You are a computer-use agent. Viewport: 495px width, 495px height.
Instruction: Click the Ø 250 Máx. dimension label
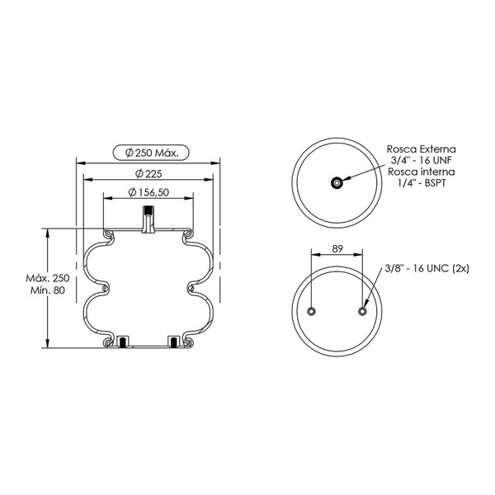[x=152, y=153]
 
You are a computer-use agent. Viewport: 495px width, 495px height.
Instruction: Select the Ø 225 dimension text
[x=148, y=173]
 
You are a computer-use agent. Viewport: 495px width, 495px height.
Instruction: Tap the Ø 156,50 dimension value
[x=148, y=192]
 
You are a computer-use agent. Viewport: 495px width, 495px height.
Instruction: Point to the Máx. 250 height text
[x=48, y=278]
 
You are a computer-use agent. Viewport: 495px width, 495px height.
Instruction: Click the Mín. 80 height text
[x=48, y=290]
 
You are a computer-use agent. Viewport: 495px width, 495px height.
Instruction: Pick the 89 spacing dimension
[x=337, y=249]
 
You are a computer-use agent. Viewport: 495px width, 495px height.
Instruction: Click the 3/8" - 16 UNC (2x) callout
[x=427, y=268]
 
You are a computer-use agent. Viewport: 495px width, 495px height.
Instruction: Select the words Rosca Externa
[x=422, y=148]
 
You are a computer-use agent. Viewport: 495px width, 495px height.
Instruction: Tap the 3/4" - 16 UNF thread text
[x=422, y=160]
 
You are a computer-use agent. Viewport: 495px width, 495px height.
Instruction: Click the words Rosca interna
[x=422, y=172]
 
